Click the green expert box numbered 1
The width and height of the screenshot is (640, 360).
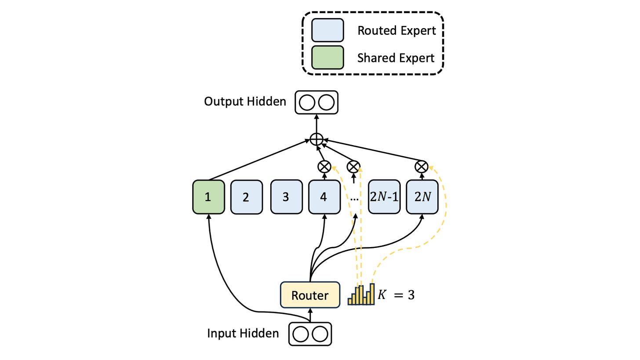click(208, 197)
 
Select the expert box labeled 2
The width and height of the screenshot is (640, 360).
click(247, 197)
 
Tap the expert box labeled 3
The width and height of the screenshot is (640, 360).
click(287, 196)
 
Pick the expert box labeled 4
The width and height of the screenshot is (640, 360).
click(324, 196)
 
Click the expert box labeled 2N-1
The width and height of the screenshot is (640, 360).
click(384, 196)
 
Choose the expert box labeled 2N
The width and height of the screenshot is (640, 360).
click(422, 196)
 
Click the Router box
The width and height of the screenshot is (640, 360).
click(310, 295)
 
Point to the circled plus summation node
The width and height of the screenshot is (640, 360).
click(316, 140)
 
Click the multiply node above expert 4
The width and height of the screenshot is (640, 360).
click(324, 167)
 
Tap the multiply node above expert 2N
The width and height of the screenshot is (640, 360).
click(422, 167)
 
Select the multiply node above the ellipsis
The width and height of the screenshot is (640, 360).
click(353, 167)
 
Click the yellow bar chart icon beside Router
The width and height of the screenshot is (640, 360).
click(361, 295)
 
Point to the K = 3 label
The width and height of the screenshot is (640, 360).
click(396, 295)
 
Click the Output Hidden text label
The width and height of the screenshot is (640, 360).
click(245, 102)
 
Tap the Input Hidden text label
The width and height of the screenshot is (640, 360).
click(243, 334)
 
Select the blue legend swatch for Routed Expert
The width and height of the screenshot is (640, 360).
click(328, 30)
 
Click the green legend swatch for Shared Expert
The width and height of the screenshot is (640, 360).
click(328, 58)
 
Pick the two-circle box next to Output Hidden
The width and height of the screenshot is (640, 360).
click(316, 102)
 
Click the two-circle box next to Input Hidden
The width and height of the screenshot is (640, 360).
click(310, 334)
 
